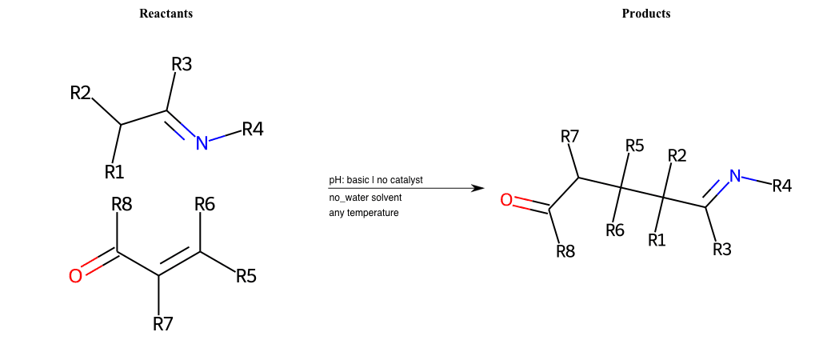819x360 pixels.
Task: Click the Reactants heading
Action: (x=166, y=14)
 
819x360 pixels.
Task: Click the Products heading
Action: (x=646, y=14)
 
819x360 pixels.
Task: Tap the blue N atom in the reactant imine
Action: (x=202, y=142)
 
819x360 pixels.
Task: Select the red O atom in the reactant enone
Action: (x=75, y=276)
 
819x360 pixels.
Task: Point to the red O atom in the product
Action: (x=506, y=200)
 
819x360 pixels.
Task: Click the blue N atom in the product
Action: (x=736, y=176)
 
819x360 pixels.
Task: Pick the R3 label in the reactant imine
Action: (x=182, y=65)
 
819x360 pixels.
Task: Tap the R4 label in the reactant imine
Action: (x=253, y=129)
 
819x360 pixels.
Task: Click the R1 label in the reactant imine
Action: (x=114, y=171)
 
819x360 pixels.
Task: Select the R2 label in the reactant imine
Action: (x=81, y=93)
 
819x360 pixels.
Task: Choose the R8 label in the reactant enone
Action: (x=122, y=205)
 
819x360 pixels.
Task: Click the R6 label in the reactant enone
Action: (x=205, y=205)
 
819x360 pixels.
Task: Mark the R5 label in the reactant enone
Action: (x=246, y=275)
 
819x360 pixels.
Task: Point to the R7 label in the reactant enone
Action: (x=163, y=324)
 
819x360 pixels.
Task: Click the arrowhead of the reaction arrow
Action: (x=479, y=188)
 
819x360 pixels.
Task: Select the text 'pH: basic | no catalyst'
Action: (x=376, y=180)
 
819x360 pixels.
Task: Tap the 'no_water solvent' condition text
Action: (x=365, y=198)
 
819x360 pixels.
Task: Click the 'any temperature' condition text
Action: (x=364, y=213)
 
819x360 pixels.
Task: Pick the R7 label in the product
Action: (x=569, y=137)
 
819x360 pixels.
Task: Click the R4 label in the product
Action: (x=782, y=186)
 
